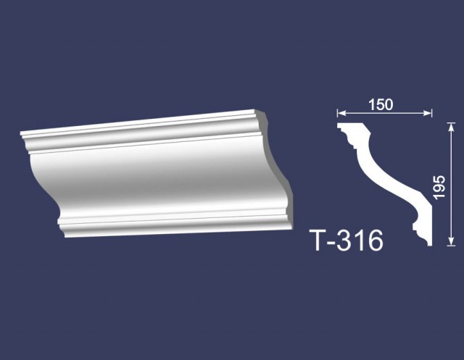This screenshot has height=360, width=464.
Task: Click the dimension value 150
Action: [x=381, y=104]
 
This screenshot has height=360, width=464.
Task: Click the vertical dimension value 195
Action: [x=439, y=188]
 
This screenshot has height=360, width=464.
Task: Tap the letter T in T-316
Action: [x=319, y=240]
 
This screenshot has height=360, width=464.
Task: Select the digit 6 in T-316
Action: [x=374, y=240]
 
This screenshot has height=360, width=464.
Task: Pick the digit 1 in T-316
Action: [x=359, y=240]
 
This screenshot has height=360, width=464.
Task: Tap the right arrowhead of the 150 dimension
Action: [x=428, y=113]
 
